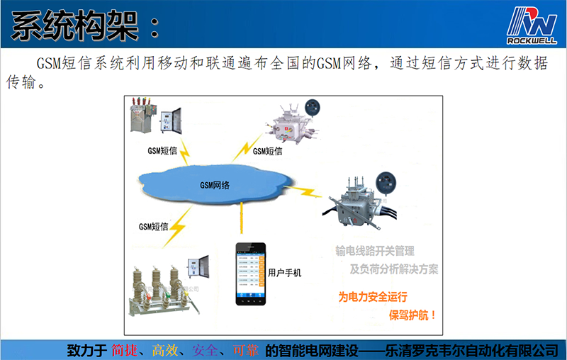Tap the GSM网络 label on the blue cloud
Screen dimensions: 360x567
215,185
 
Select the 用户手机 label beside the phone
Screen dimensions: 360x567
285,272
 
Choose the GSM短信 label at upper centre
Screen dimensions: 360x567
267,151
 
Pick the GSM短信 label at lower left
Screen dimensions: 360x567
153,226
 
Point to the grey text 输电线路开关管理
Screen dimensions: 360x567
375,251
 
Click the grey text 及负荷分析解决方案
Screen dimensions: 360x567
394,269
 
